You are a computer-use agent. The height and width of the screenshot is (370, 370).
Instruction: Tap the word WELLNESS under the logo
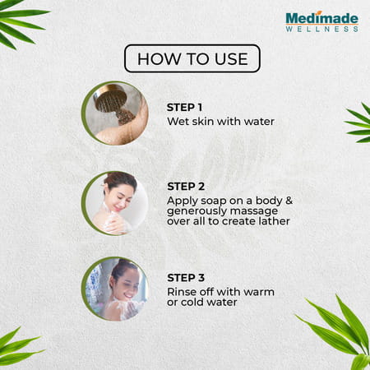point(321,29)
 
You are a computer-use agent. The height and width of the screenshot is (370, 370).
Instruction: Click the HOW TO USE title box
point(192,58)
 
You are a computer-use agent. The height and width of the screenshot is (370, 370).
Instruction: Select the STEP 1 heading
point(184,108)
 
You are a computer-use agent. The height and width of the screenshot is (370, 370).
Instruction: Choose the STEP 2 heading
point(186,187)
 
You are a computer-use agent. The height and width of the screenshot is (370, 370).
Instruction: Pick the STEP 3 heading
point(186,278)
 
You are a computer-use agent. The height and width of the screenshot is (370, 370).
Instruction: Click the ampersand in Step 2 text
point(289,201)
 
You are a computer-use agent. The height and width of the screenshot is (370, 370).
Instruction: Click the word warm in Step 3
point(258,292)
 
